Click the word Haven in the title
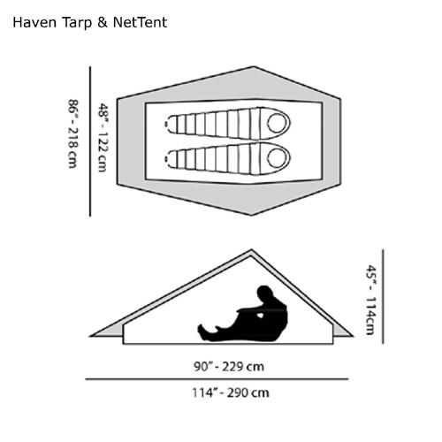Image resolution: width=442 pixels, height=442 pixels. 34,23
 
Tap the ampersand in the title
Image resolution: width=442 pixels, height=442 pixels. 102,23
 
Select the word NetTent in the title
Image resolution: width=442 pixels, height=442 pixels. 140,23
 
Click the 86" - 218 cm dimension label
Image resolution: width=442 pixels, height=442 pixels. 72,133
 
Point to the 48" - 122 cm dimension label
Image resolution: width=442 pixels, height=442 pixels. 103,137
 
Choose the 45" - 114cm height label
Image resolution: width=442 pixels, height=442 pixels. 370,300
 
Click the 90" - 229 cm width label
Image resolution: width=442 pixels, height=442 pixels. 229,367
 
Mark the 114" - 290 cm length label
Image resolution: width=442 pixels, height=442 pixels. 231,392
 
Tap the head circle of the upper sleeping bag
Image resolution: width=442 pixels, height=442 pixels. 277,124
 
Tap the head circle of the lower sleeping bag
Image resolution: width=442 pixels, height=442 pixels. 277,157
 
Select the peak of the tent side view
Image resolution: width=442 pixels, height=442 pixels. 251,250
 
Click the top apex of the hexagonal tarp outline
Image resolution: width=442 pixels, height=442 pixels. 254,67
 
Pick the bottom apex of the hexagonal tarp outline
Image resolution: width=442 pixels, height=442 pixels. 251,215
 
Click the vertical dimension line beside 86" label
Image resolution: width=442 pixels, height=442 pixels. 90,141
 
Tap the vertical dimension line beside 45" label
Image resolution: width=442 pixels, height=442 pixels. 383,296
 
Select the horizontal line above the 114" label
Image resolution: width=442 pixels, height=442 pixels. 217,379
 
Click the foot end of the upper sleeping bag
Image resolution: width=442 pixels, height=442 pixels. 168,124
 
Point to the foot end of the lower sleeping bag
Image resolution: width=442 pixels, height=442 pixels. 168,157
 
